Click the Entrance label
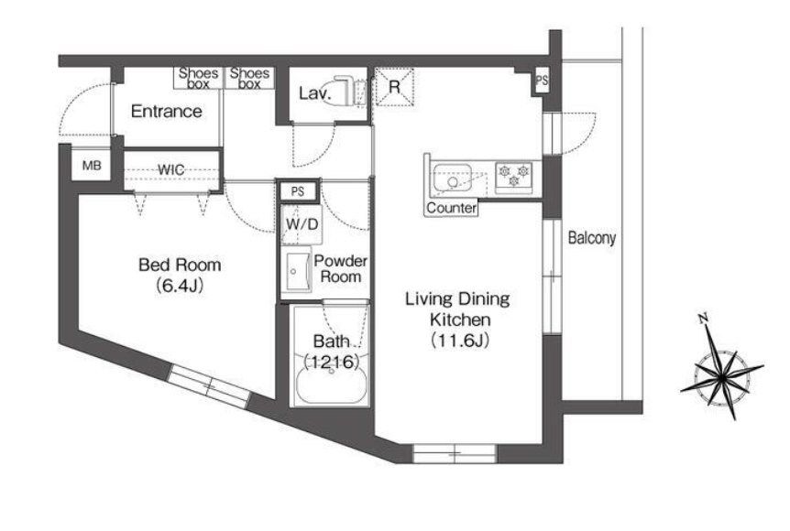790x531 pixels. [x=166, y=111]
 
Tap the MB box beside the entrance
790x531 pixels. [x=92, y=165]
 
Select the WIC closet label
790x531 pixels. [x=171, y=169]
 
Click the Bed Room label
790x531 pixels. [x=180, y=265]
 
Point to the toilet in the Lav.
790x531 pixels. [x=344, y=91]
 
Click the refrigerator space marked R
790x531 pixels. [x=394, y=87]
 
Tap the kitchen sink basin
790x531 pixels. [x=452, y=179]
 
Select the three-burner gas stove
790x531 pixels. [x=514, y=178]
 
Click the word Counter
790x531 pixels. [x=452, y=208]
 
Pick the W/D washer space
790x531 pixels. [x=302, y=224]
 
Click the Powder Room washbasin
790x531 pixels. [x=299, y=271]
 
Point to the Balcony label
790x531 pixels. [x=592, y=237]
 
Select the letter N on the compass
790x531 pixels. [x=704, y=318]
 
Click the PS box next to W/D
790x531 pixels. [x=298, y=191]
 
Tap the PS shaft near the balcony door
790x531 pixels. [x=542, y=81]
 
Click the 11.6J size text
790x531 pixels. [x=460, y=341]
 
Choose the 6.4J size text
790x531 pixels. [x=180, y=286]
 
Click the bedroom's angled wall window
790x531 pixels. [x=209, y=386]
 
